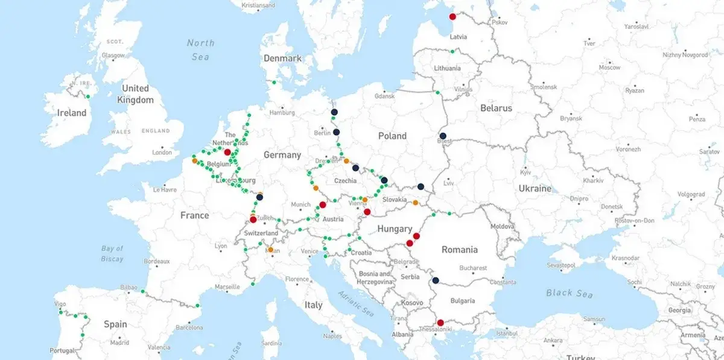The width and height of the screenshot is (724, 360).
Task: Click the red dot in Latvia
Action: [x=453, y=17]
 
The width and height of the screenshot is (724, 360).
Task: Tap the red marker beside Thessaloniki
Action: [x=440, y=323]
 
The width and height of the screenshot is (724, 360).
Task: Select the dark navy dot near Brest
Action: [x=443, y=136]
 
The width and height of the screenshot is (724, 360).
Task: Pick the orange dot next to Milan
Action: [x=270, y=250]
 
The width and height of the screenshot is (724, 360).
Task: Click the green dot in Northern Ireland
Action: [x=87, y=96]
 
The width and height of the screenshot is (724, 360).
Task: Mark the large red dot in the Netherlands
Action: [x=227, y=152]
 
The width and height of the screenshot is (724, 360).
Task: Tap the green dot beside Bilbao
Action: [x=143, y=292]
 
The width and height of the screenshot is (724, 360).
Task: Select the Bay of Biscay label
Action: [x=112, y=253]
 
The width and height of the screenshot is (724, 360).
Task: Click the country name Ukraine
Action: [x=535, y=189]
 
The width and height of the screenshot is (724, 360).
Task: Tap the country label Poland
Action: [x=392, y=136]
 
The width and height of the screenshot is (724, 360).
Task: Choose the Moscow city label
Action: [x=610, y=68]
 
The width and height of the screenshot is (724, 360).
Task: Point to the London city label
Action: [x=162, y=153]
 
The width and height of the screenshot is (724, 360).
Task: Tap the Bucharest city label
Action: [x=472, y=268]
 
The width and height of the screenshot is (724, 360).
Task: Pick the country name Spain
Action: [x=115, y=324]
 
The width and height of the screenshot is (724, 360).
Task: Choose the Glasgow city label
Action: [x=113, y=55]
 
